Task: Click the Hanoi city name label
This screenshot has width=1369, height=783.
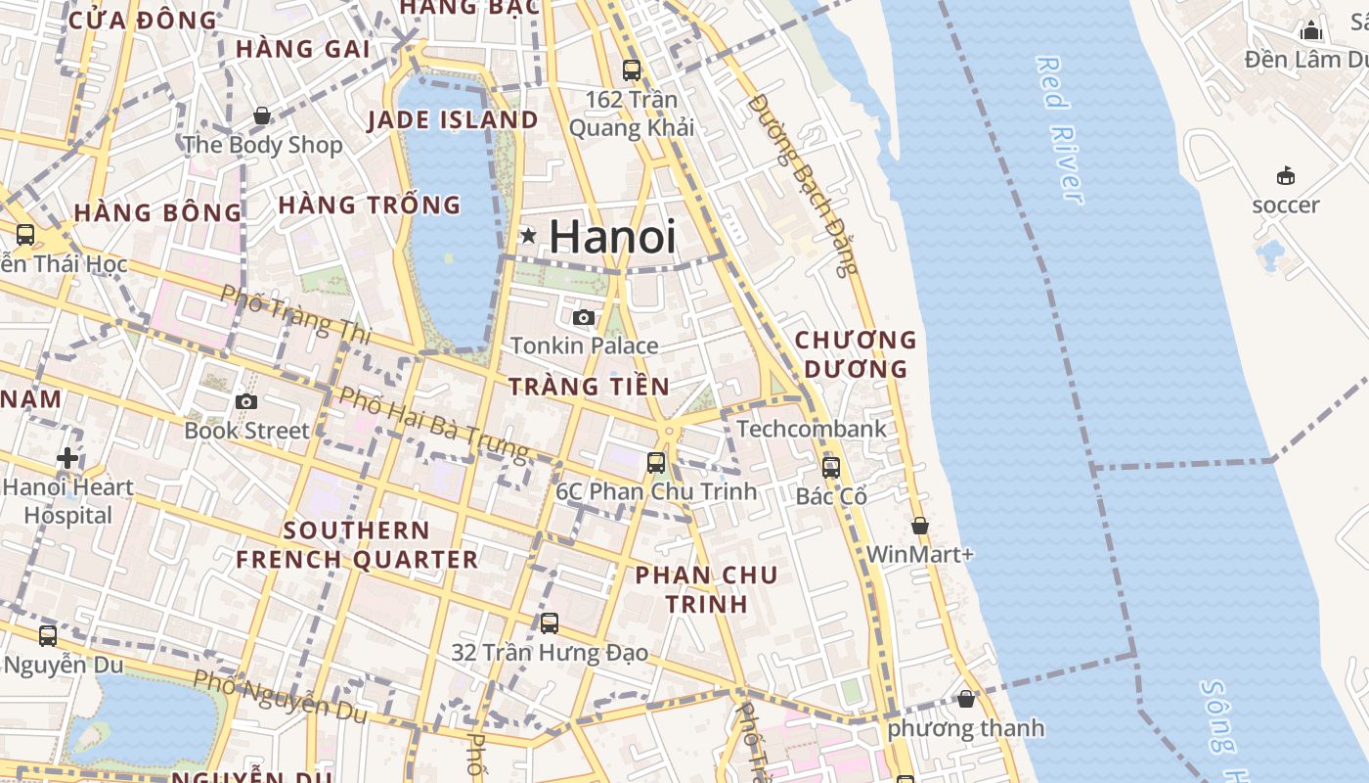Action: click(x=612, y=237)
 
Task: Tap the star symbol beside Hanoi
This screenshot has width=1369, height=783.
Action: click(x=528, y=235)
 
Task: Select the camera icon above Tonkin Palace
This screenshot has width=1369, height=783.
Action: click(x=584, y=317)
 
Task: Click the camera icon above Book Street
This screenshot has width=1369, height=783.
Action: click(x=246, y=401)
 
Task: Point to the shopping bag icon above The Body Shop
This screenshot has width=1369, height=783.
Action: click(x=262, y=116)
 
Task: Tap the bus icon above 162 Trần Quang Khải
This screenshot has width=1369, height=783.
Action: click(x=632, y=70)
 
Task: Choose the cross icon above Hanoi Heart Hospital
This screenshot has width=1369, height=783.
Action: click(x=67, y=457)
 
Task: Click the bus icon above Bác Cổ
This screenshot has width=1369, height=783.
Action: click(x=831, y=468)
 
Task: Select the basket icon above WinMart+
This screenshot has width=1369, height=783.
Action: click(x=920, y=527)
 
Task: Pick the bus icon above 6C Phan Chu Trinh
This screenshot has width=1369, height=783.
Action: click(x=656, y=463)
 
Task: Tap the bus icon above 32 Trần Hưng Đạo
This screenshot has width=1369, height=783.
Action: click(x=550, y=623)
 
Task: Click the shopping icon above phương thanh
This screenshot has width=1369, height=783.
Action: click(x=966, y=700)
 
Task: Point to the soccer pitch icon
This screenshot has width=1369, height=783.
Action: click(x=1286, y=176)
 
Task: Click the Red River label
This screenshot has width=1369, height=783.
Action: click(x=1060, y=130)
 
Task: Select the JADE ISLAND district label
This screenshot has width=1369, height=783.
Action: click(x=453, y=120)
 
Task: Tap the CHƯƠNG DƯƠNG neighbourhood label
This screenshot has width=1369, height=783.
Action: click(x=856, y=354)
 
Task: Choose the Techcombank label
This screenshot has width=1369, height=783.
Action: click(x=812, y=429)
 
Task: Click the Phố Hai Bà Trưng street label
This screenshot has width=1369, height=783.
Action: click(x=433, y=424)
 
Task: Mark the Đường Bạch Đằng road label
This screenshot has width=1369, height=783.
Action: click(x=803, y=184)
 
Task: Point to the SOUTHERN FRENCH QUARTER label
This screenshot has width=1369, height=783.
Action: click(x=357, y=545)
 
